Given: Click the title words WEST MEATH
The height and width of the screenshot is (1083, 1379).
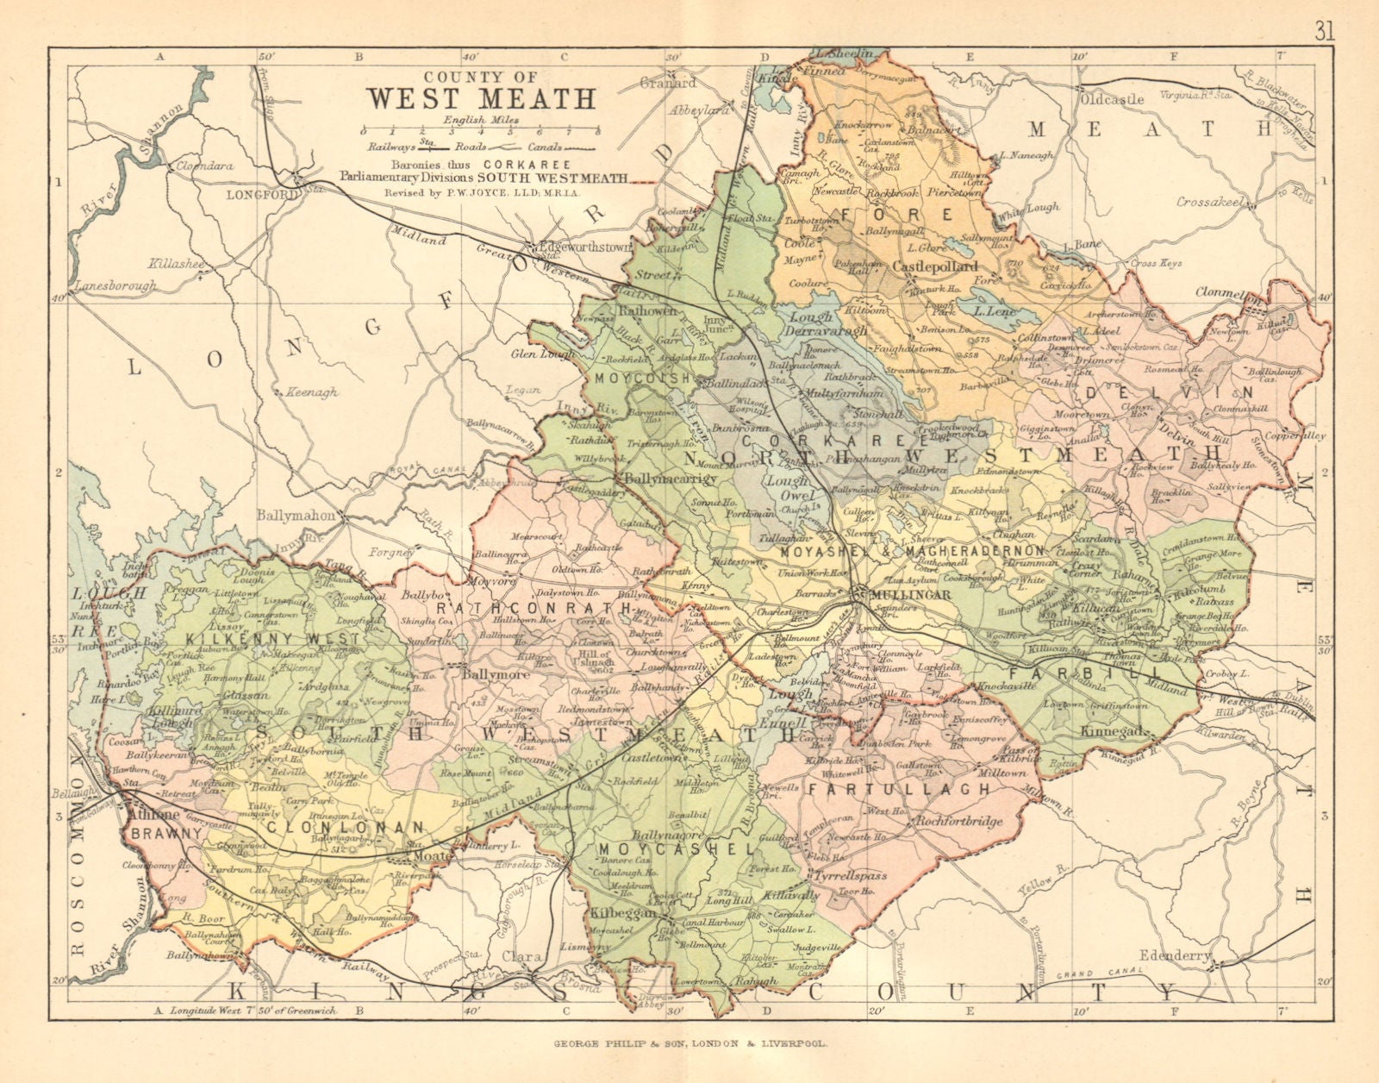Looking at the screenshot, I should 482,97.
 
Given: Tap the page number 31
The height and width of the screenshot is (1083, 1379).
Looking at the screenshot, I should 1326,10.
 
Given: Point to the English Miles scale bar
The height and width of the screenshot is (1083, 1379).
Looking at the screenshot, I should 482,131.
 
